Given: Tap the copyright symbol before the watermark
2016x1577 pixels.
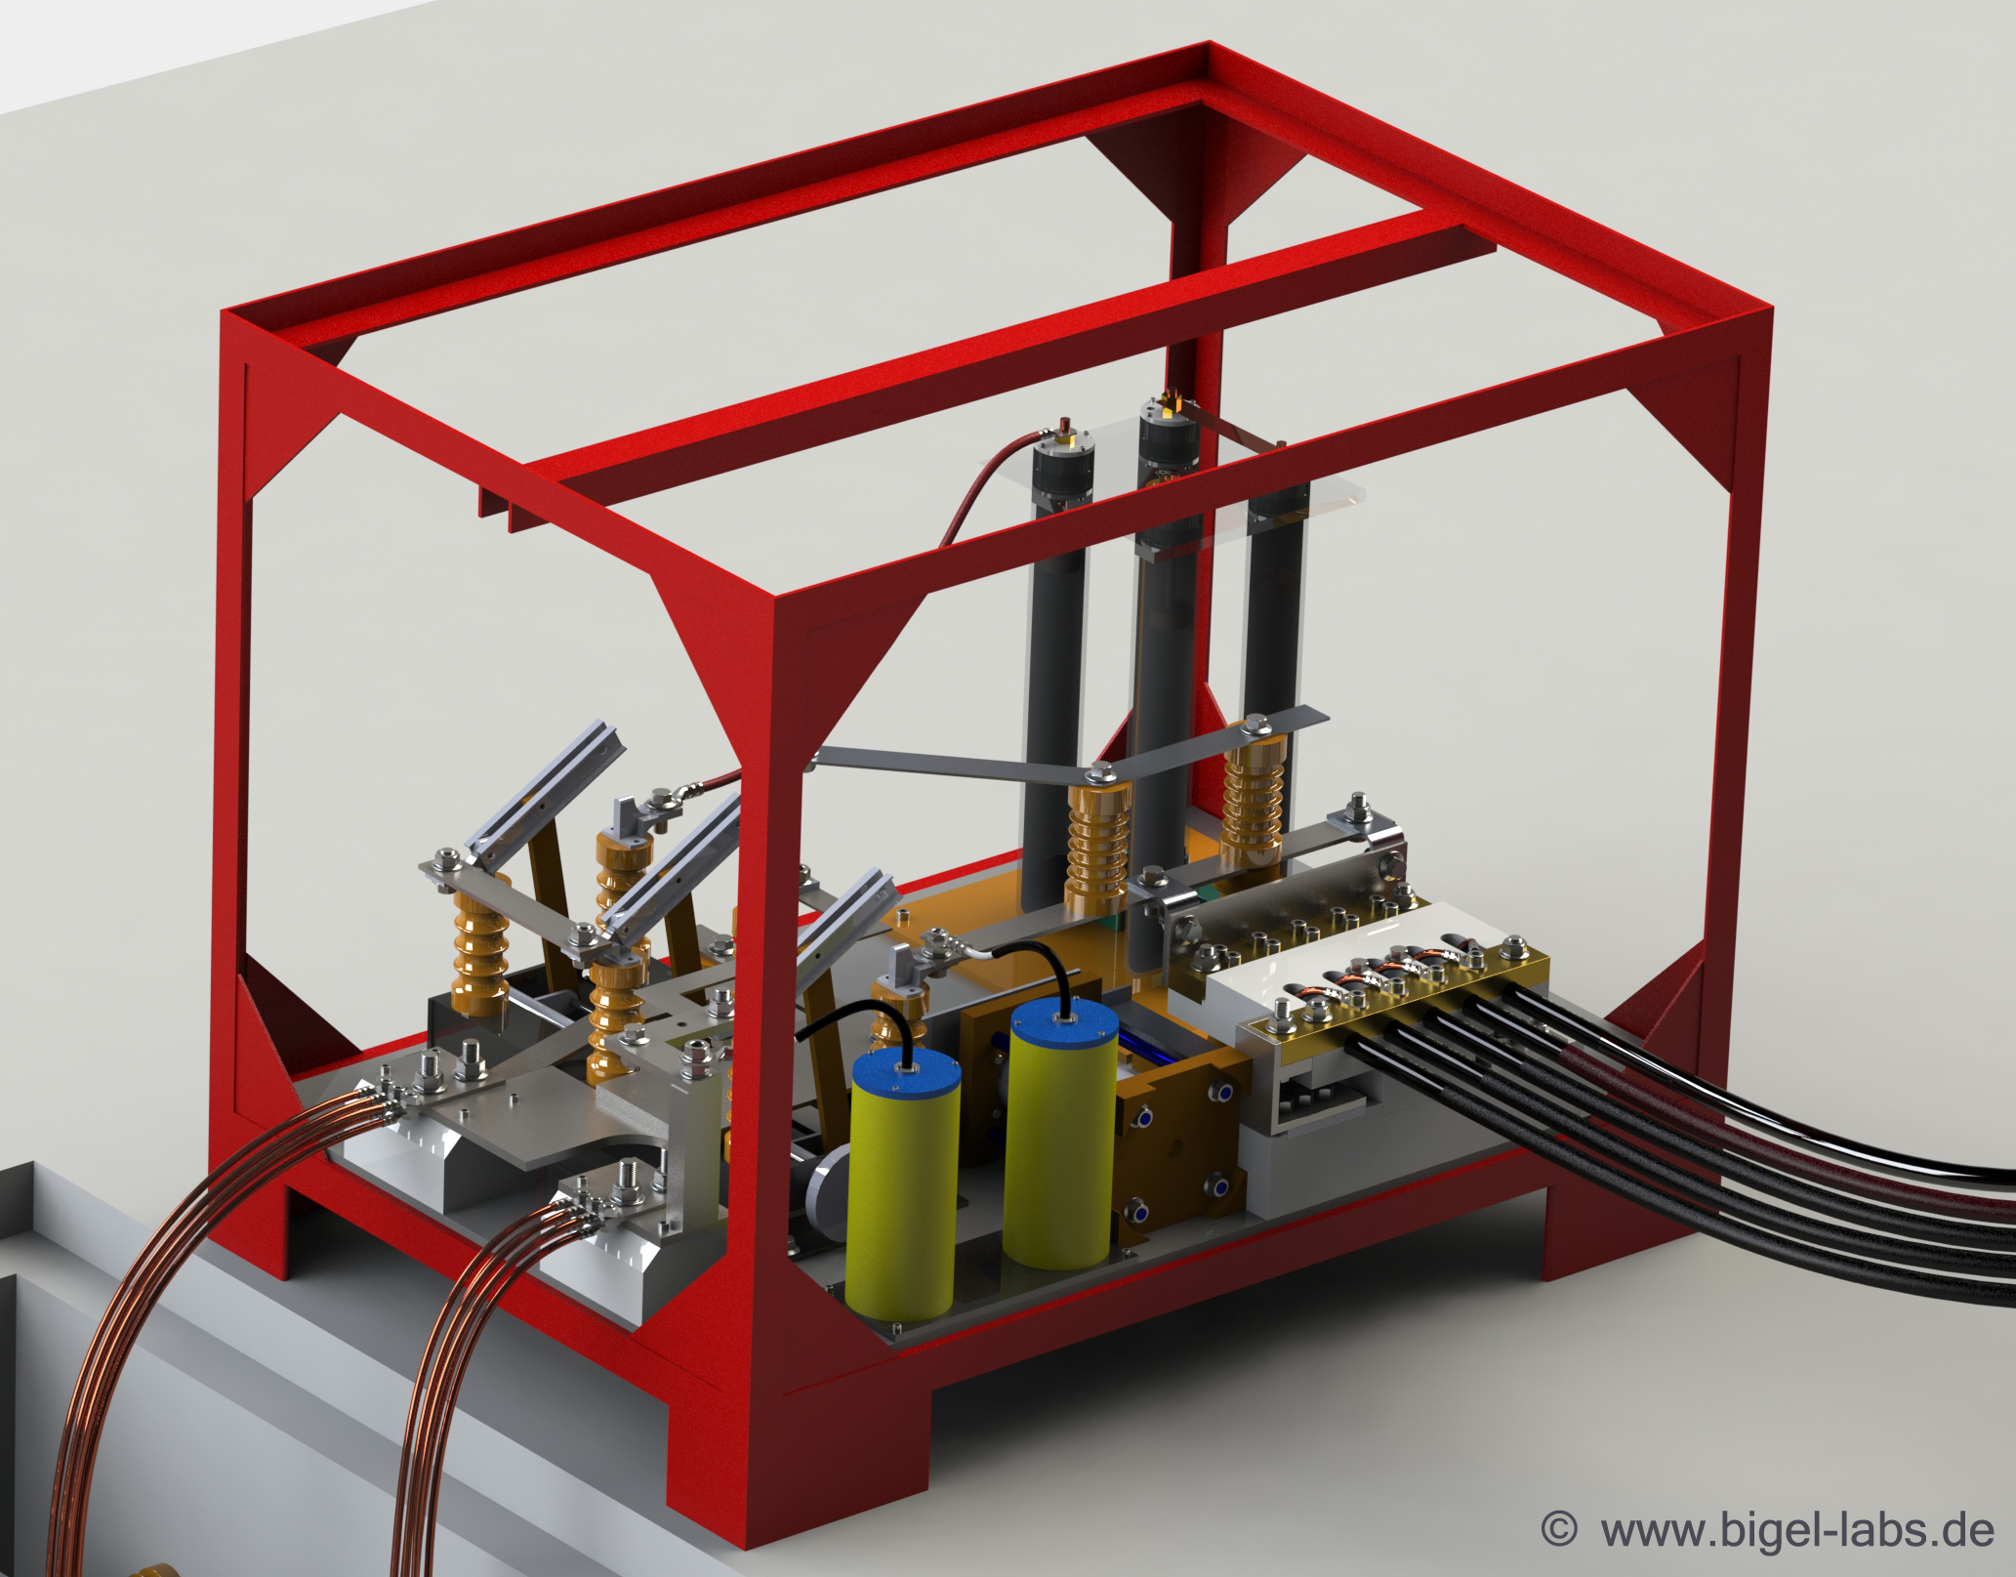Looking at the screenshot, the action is (x=1558, y=1529).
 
